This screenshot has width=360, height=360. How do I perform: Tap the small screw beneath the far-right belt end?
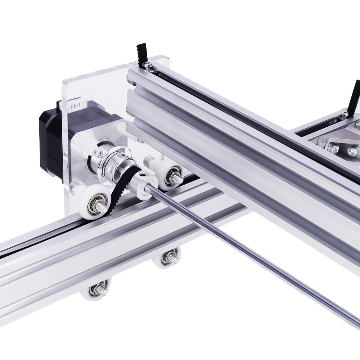[x=346, y=114]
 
